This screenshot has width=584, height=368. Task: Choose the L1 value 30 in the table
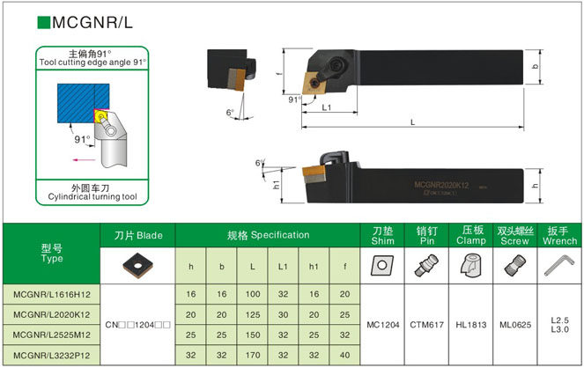(x=283, y=313)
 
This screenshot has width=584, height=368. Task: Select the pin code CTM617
(x=426, y=324)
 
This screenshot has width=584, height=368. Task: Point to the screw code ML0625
(x=514, y=324)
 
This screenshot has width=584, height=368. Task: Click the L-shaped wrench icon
(x=558, y=265)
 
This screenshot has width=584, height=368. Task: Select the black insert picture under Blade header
(x=139, y=264)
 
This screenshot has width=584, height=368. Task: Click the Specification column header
(x=268, y=235)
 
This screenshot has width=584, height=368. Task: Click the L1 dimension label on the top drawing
(x=326, y=107)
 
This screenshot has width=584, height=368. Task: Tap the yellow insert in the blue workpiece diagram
(x=99, y=114)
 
